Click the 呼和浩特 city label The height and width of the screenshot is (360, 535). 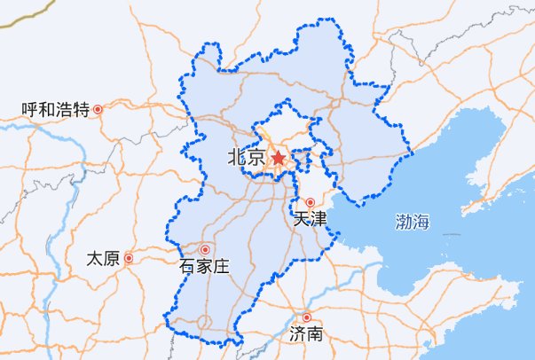click(56, 110)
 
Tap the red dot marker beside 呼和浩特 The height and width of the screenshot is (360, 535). click(98, 110)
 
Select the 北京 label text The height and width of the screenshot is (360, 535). click(245, 159)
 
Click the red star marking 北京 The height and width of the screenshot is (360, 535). click(278, 158)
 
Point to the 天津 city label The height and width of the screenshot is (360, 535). click(311, 217)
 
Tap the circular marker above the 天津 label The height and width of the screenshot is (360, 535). click(310, 202)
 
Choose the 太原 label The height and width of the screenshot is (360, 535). click(103, 259)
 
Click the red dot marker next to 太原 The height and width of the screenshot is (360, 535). click(130, 259)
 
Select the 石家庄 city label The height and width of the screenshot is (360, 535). click(204, 265)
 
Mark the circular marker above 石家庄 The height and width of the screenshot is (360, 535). click(206, 250)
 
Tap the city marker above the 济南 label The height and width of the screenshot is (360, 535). click(307, 317)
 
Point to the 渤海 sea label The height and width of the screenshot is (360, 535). click(413, 223)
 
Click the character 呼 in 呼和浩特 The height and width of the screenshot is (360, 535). click(30, 110)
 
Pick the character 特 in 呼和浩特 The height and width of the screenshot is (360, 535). click(82, 110)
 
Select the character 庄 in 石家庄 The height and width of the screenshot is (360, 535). click(221, 265)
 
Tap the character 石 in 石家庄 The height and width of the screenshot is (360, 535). click(187, 265)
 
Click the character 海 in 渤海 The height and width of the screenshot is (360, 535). click(421, 223)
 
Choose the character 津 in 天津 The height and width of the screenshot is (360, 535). click(319, 217)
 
